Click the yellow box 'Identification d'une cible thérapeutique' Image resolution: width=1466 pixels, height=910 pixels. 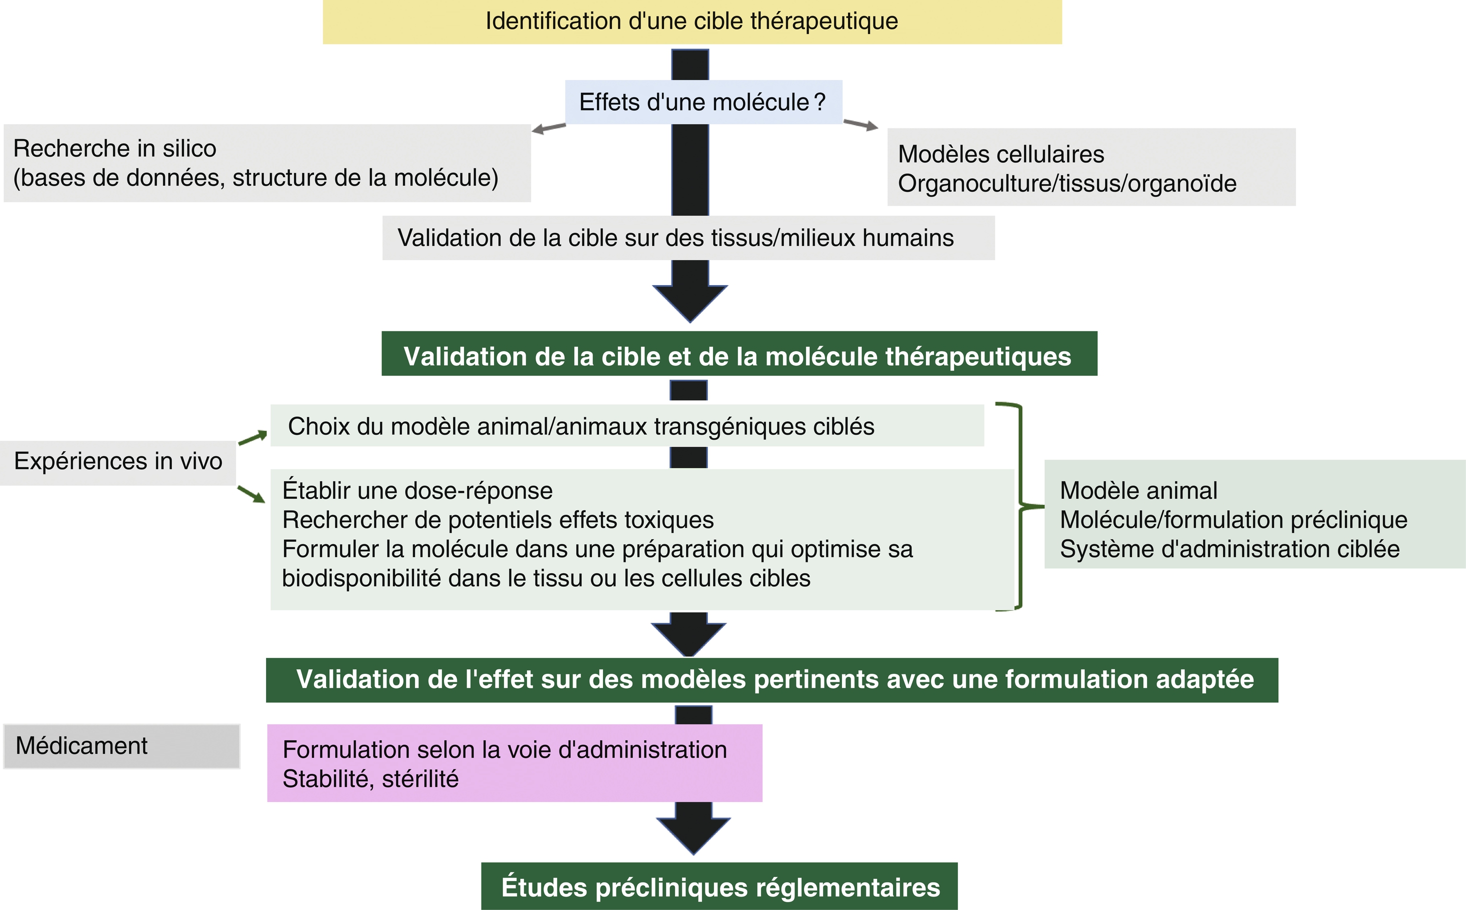[x=692, y=22]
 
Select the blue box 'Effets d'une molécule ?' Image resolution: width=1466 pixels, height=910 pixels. [x=702, y=103]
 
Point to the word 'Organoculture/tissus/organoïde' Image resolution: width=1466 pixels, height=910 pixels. [x=1066, y=184]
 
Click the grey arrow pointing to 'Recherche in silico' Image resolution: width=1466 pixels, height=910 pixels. [x=548, y=128]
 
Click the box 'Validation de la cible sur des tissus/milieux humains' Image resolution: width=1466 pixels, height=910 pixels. [x=687, y=238]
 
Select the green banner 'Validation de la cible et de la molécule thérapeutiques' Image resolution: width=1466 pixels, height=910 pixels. [x=738, y=356]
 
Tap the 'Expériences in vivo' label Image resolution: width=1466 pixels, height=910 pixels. [x=118, y=462]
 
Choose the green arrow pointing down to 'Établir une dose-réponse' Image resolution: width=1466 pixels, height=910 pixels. [x=251, y=494]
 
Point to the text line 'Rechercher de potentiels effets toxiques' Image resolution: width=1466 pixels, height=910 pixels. [x=497, y=520]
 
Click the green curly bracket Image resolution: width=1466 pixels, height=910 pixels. [x=1021, y=506]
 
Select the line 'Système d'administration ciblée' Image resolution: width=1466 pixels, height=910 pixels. [x=1229, y=549]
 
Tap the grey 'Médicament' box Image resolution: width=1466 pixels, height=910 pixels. [x=121, y=746]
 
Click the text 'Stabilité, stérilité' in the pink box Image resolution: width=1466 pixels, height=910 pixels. [x=370, y=779]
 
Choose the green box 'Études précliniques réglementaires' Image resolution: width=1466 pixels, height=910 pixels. [x=719, y=887]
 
